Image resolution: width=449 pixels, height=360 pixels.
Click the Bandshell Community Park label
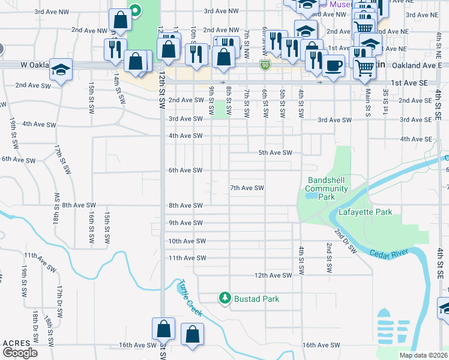[x=327, y=188]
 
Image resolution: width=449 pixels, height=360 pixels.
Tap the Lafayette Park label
[x=365, y=212]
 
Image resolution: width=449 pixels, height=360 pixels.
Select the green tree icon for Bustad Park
[x=224, y=297]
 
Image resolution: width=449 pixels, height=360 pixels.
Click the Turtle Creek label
[x=189, y=298]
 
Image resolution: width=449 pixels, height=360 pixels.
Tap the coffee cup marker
[x=333, y=65]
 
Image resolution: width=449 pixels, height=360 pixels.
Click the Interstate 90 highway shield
[x=264, y=64]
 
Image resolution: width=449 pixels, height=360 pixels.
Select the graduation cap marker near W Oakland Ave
[x=61, y=70]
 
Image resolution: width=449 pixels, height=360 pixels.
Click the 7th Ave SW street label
[x=247, y=188]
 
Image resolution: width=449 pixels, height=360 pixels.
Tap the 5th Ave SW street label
[x=275, y=152]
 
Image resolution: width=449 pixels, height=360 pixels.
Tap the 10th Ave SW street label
[x=187, y=241]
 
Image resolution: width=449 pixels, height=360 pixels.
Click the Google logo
[x=20, y=353]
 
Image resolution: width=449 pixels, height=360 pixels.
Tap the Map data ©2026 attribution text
[x=423, y=355]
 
